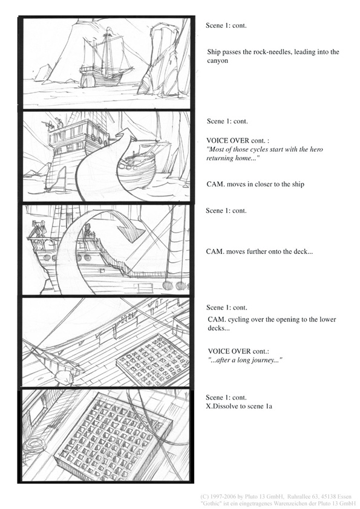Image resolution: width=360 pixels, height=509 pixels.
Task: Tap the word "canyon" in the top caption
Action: (x=217, y=60)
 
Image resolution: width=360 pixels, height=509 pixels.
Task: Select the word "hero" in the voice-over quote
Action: (x=316, y=149)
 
